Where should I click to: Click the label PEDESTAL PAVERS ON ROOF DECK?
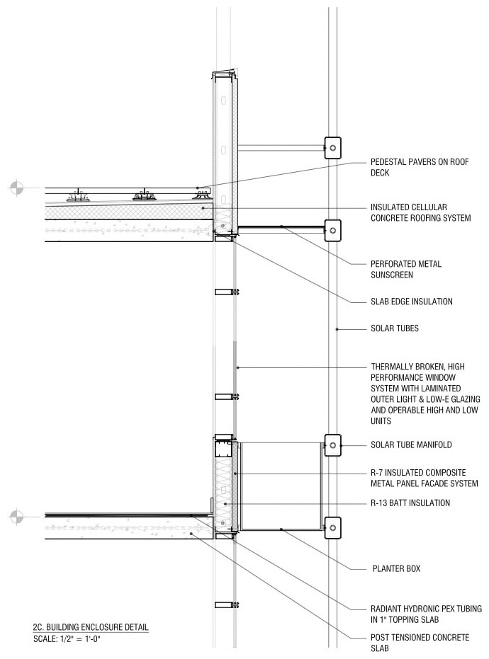click(420, 167)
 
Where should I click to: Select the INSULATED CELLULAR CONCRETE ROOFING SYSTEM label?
click(420, 212)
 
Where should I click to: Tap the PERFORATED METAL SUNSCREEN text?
click(406, 270)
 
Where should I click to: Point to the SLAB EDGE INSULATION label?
click(412, 302)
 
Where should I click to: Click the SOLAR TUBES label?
click(395, 328)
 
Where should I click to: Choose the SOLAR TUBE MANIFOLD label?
click(411, 445)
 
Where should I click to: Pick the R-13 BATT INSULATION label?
click(410, 503)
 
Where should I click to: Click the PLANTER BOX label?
click(396, 568)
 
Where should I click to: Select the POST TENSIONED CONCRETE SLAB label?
click(420, 643)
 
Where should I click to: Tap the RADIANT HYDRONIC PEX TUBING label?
click(427, 609)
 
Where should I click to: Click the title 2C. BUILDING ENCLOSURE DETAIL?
click(91, 627)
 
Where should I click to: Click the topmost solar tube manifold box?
click(332, 148)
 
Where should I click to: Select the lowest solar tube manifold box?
click(332, 528)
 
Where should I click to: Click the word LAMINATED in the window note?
click(439, 389)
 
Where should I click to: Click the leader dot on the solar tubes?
click(337, 329)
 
